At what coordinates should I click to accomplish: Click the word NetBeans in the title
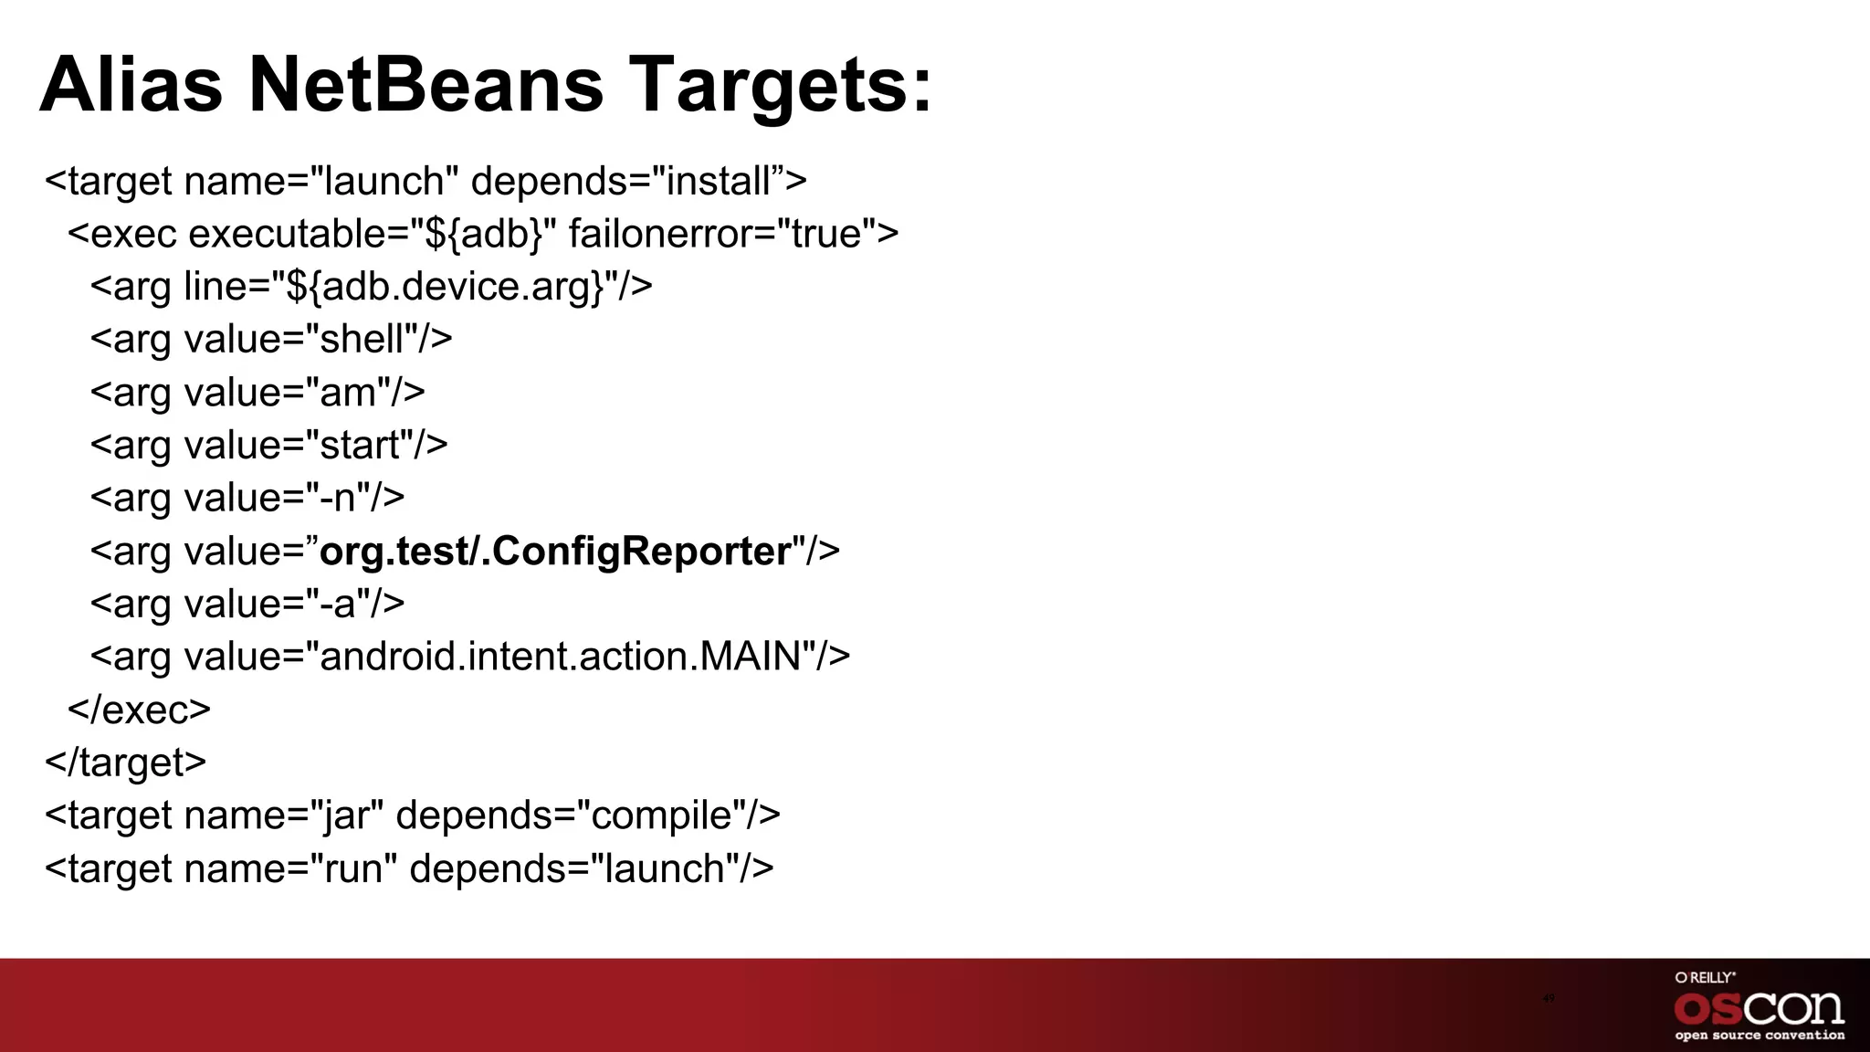pyautogui.click(x=425, y=84)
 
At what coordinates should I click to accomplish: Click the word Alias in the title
pyautogui.click(x=131, y=84)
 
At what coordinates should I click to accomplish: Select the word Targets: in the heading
pyautogui.click(x=781, y=84)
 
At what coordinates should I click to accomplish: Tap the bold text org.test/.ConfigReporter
pyautogui.click(x=555, y=551)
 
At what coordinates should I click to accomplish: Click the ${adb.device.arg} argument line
pyautogui.click(x=371, y=287)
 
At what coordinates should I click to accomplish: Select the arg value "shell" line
pyautogui.click(x=270, y=340)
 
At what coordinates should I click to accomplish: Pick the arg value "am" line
pyautogui.click(x=257, y=393)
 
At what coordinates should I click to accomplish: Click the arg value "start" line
pyautogui.click(x=268, y=446)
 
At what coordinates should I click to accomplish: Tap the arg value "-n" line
pyautogui.click(x=247, y=499)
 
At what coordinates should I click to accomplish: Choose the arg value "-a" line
pyautogui.click(x=247, y=604)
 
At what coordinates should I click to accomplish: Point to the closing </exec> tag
pyautogui.click(x=139, y=710)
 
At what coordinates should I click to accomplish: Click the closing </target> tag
pyautogui.click(x=125, y=763)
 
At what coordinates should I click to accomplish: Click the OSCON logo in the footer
pyautogui.click(x=1759, y=1008)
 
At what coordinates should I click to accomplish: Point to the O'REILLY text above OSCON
pyautogui.click(x=1705, y=977)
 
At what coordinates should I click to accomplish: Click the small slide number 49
pyautogui.click(x=1548, y=998)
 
